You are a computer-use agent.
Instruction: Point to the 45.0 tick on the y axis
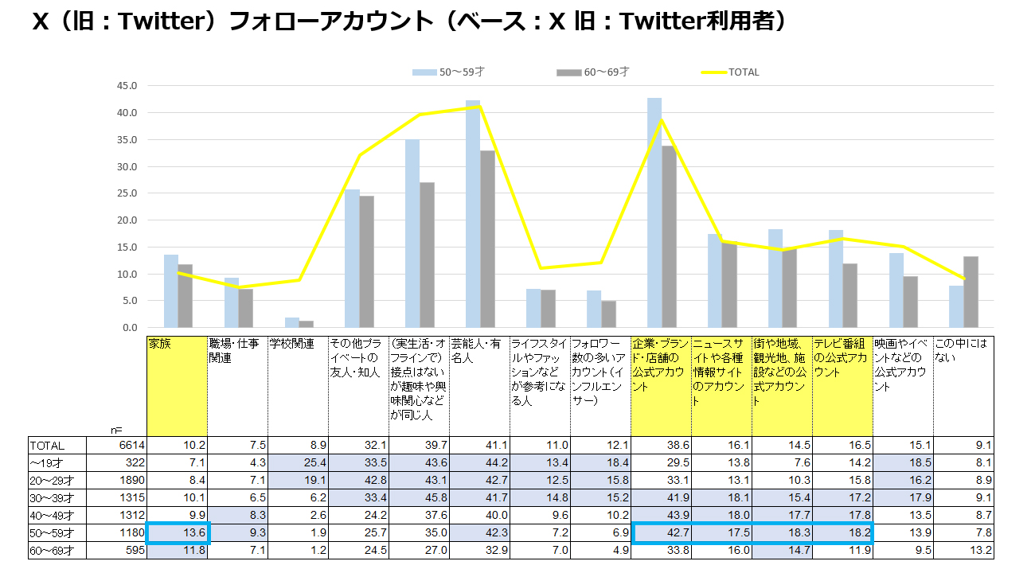(127, 86)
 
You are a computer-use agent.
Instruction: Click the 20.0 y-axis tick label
(127, 220)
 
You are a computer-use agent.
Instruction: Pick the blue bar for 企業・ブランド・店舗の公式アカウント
(654, 212)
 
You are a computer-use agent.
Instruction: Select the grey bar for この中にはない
(971, 291)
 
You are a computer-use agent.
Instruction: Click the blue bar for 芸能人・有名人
(473, 214)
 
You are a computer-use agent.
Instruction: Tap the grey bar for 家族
(186, 295)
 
